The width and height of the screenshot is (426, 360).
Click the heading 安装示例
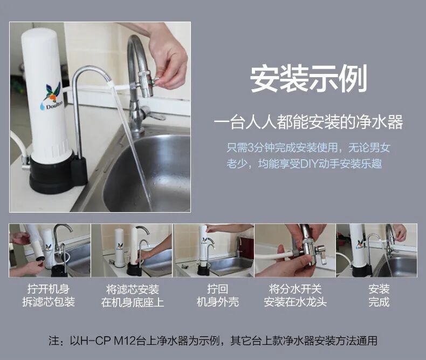308,79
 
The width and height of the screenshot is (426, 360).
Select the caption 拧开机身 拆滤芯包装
49,296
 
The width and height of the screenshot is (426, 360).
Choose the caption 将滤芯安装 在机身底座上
132,296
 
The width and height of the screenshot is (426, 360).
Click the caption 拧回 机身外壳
218,296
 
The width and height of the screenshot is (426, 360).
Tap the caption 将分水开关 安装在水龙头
295,296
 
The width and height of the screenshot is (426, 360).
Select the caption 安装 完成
379,296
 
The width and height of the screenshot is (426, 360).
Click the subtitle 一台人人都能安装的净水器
308,122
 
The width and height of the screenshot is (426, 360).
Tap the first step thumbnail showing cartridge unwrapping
50,250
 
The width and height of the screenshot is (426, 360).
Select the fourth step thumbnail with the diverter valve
295,250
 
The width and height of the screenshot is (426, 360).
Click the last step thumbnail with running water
376,250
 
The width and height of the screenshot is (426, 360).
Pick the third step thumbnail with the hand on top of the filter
214,250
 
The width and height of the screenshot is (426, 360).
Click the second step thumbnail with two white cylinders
132,250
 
